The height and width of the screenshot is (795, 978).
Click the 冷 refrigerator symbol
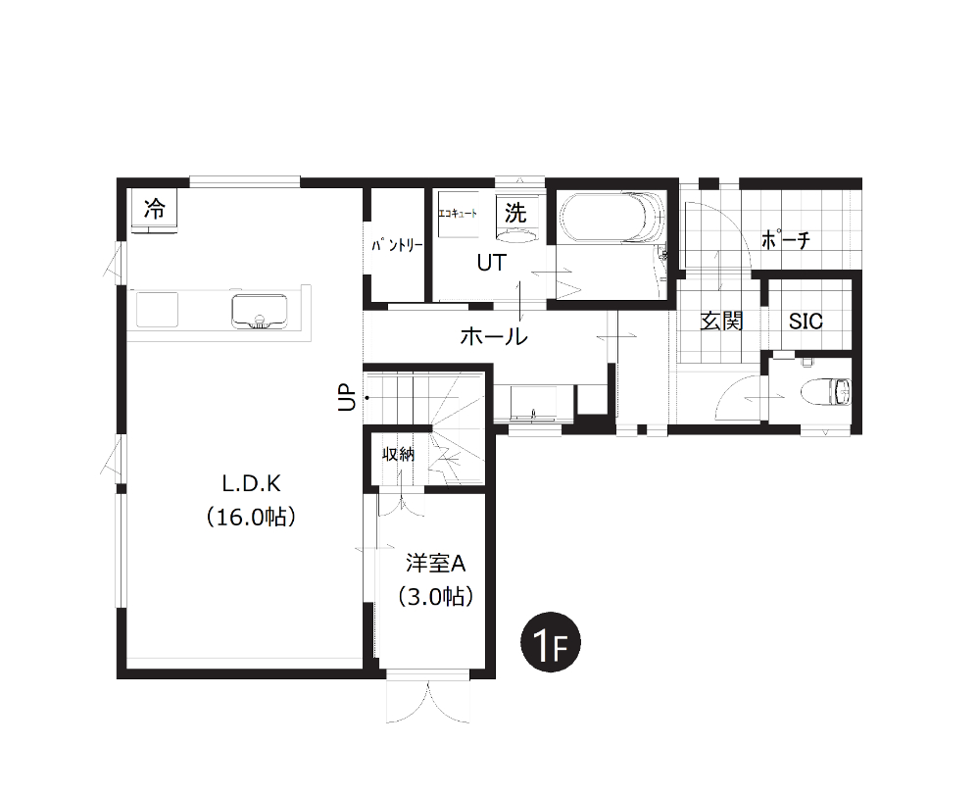point(154,211)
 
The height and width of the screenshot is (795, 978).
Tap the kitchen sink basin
point(260,312)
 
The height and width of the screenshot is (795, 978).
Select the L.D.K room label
point(252,483)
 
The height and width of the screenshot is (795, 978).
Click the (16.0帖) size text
point(251,518)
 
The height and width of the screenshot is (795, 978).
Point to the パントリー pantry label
point(397,245)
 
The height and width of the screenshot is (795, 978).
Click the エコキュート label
point(458,214)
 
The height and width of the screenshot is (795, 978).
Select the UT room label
point(492,264)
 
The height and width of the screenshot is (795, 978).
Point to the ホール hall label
point(494,337)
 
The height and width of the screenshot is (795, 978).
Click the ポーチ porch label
point(785,239)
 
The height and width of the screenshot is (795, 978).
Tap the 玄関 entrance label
point(721,322)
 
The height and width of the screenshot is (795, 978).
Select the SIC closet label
point(806,322)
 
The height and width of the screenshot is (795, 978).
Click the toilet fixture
point(825,392)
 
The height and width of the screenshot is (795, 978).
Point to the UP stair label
point(347,397)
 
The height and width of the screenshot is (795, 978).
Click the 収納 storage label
point(399,454)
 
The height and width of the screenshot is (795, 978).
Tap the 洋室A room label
point(436,564)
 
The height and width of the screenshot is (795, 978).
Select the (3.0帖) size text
point(436,597)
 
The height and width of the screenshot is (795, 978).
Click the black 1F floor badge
point(551,642)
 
